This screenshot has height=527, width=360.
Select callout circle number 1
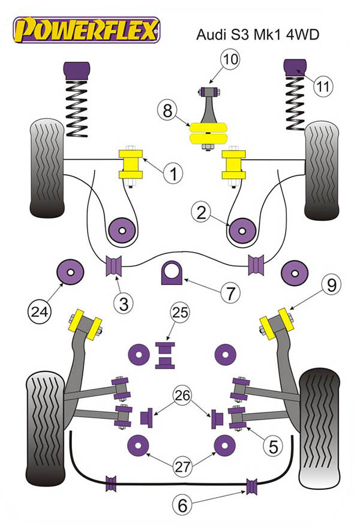tap(172, 174)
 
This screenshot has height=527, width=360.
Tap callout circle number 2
tap(201, 211)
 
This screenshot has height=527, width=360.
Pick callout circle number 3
tap(124, 303)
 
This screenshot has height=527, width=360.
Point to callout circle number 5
tap(272, 446)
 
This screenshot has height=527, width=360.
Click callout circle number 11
tap(323, 86)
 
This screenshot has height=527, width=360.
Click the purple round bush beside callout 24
tap(70, 271)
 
